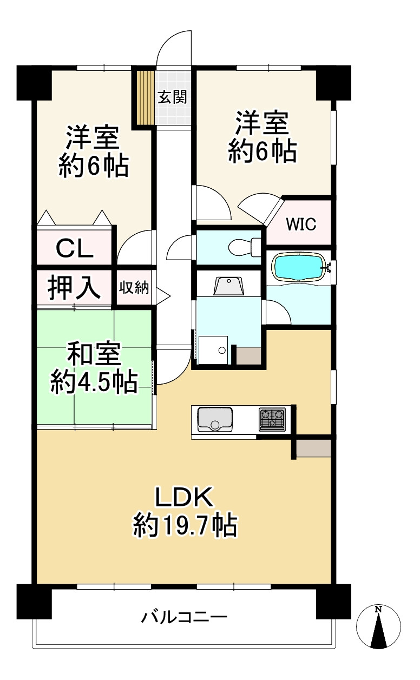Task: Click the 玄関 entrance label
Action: point(172,97)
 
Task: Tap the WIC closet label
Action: point(301,224)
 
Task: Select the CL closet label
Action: point(74,249)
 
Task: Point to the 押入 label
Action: point(74,287)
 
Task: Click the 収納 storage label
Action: point(134,287)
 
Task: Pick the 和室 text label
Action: point(94,353)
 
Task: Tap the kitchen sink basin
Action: point(215,419)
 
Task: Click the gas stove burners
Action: point(272,419)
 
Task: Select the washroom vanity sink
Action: point(229,286)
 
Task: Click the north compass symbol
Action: point(378,627)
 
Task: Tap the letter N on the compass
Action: point(378,609)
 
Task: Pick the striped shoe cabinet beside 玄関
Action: point(145,97)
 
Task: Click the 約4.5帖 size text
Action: point(94,381)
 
